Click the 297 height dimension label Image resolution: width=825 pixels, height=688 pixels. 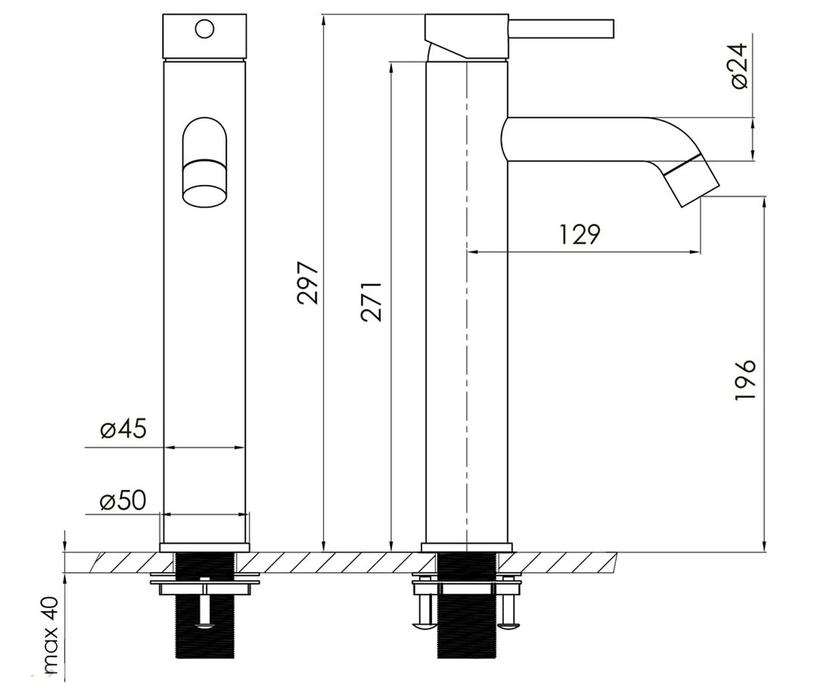307,282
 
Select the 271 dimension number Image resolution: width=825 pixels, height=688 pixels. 371,302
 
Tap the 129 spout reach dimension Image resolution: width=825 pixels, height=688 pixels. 580,234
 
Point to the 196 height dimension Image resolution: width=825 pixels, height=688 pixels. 745,380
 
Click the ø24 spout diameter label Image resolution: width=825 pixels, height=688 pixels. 739,66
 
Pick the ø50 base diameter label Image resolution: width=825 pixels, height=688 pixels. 123,500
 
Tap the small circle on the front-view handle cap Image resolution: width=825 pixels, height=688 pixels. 205,30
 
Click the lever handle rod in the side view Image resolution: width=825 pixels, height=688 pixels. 561,28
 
